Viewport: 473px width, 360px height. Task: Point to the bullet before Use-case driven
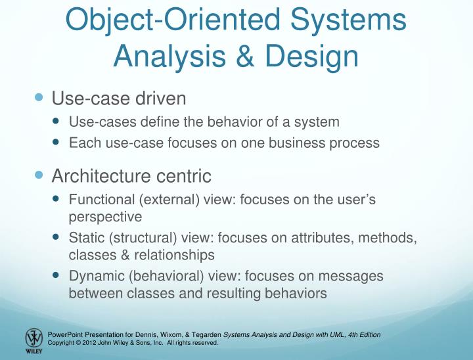click(x=38, y=98)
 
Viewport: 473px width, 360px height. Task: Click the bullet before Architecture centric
click(x=38, y=175)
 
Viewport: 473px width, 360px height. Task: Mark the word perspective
click(x=105, y=215)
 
